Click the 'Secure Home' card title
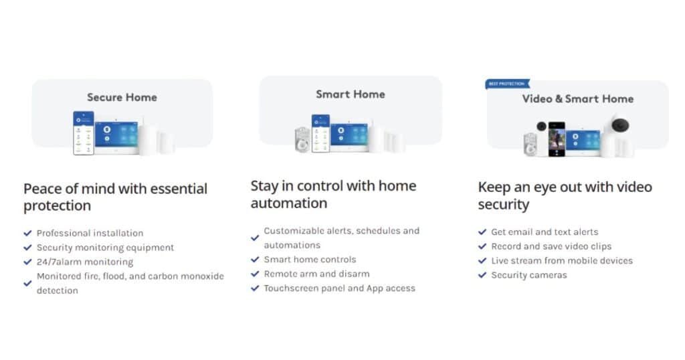pos(122,97)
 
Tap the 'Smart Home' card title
pos(350,94)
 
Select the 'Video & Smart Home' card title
pos(577,98)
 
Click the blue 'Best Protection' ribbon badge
pos(506,84)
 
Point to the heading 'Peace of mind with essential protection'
pos(115,197)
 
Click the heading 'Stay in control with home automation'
pos(333,194)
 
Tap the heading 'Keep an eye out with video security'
pos(564,195)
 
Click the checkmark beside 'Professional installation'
pos(27,233)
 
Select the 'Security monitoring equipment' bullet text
pos(105,248)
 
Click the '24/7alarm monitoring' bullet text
pos(84,262)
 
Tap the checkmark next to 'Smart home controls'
pos(255,260)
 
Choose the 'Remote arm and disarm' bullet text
pos(316,274)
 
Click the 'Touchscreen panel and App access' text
pos(339,288)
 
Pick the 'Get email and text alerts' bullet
pos(545,232)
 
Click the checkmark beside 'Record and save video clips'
pos(482,246)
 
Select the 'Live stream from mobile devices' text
pos(561,260)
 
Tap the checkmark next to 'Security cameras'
pos(482,275)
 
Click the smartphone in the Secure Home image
pos(84,133)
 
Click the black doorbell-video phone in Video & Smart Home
pos(557,139)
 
